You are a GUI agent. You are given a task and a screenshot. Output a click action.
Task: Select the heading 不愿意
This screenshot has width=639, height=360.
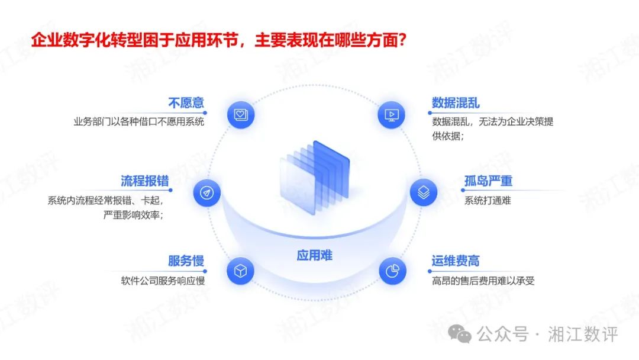click(186, 103)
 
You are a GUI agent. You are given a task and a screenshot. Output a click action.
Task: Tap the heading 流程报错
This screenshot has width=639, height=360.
click(144, 181)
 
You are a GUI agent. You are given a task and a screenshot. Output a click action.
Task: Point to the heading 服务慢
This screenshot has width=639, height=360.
click(186, 261)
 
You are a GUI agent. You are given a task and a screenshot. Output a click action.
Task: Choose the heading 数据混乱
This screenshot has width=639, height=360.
click(456, 103)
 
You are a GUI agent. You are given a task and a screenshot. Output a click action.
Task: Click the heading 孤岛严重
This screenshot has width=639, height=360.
click(488, 181)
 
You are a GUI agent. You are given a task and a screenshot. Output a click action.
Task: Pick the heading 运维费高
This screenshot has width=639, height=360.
click(456, 261)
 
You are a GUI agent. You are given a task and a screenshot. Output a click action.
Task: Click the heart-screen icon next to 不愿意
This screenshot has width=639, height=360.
click(240, 114)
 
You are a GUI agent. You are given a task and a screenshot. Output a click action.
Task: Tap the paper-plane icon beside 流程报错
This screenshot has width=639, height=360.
click(206, 193)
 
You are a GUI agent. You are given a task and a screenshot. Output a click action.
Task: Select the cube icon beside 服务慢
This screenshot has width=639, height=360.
click(240, 272)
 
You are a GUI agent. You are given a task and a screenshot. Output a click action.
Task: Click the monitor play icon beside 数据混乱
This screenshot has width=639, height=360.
click(391, 114)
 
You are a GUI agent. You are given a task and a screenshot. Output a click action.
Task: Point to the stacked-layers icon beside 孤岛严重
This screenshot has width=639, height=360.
click(424, 193)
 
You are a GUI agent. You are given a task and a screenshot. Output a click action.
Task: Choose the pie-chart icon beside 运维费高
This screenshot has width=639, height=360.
click(392, 272)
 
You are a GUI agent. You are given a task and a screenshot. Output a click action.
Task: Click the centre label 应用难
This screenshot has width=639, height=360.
click(315, 255)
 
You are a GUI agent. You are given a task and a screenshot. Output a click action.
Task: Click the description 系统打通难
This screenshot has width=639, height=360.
click(488, 200)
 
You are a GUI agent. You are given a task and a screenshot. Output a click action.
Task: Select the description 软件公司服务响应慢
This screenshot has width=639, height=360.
click(163, 281)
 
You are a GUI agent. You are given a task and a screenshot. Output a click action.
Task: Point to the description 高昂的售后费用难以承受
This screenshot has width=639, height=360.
click(483, 281)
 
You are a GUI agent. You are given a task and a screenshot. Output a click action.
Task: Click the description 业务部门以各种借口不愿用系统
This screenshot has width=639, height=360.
click(138, 123)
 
